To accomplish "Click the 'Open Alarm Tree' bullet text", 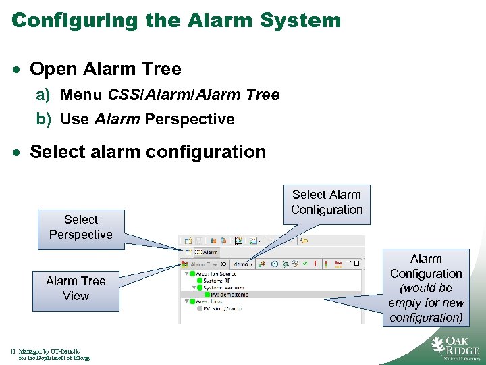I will tap(105, 69).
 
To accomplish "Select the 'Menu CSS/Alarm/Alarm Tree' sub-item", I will tap(169, 95).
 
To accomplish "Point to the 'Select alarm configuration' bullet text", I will tap(148, 151).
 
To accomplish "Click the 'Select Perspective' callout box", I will tap(80, 227).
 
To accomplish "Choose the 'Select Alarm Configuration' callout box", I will tap(327, 202).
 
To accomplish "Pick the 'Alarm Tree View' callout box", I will tap(76, 288).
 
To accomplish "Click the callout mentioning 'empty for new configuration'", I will tap(426, 288).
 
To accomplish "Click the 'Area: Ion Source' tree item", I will tap(213, 274).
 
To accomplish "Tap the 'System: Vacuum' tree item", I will tap(223, 288).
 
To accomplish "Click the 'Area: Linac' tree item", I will tap(209, 302).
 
